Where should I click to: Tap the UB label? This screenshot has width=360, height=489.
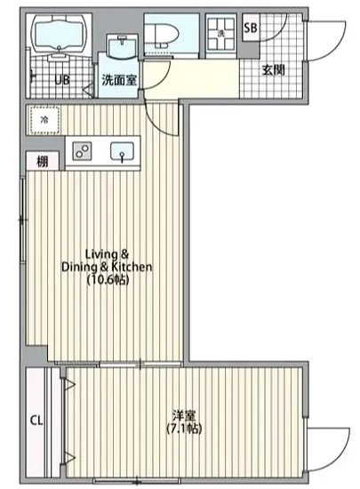tap(62, 80)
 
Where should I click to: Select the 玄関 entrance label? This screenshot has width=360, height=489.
tap(273, 69)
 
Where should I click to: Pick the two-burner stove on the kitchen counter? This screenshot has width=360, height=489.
tap(81, 150)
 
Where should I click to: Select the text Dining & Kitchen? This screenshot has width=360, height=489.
tap(108, 266)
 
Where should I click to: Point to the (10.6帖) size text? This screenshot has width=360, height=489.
tap(108, 280)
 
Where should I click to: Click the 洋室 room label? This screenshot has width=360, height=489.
tap(184, 415)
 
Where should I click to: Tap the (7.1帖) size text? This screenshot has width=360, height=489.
tap(184, 429)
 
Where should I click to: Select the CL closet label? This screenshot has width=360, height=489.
tap(37, 421)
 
